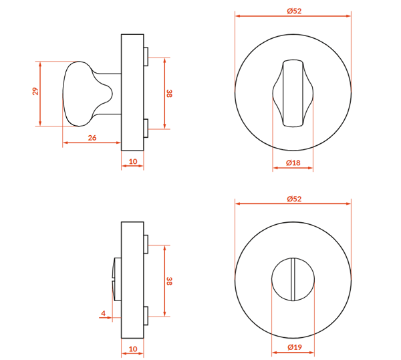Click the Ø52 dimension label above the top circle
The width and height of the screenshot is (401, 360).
(x=294, y=11)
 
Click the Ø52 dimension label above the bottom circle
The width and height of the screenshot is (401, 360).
(x=294, y=199)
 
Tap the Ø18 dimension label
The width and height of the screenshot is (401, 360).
(x=293, y=163)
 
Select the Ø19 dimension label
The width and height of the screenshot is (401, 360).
(x=295, y=347)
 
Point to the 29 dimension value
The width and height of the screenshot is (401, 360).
(x=35, y=92)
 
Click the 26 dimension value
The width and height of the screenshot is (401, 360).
(x=92, y=138)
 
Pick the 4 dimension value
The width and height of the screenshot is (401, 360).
(x=104, y=313)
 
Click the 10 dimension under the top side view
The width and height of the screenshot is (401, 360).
(x=133, y=161)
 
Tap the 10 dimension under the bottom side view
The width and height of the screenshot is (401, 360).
(x=133, y=349)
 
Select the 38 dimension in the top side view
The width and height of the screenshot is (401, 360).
(x=169, y=94)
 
